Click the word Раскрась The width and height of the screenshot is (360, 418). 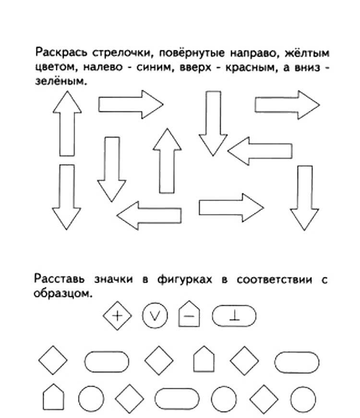click(x=61, y=52)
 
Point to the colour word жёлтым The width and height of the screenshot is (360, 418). click(x=307, y=53)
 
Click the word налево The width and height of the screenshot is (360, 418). click(x=103, y=67)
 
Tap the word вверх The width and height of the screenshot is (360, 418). click(x=195, y=67)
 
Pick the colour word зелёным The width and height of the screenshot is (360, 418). click(x=61, y=81)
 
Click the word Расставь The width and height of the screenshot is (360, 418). click(x=60, y=279)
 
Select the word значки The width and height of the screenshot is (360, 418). click(x=113, y=279)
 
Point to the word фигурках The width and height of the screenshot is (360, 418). click(x=185, y=279)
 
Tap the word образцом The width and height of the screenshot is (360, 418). click(x=63, y=293)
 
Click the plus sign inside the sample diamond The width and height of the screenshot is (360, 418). click(x=117, y=316)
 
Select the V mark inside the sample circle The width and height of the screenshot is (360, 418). click(x=155, y=316)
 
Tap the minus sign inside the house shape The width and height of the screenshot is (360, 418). click(x=189, y=316)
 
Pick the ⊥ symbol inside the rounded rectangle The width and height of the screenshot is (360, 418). click(x=234, y=316)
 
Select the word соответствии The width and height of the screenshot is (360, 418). click(x=274, y=279)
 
